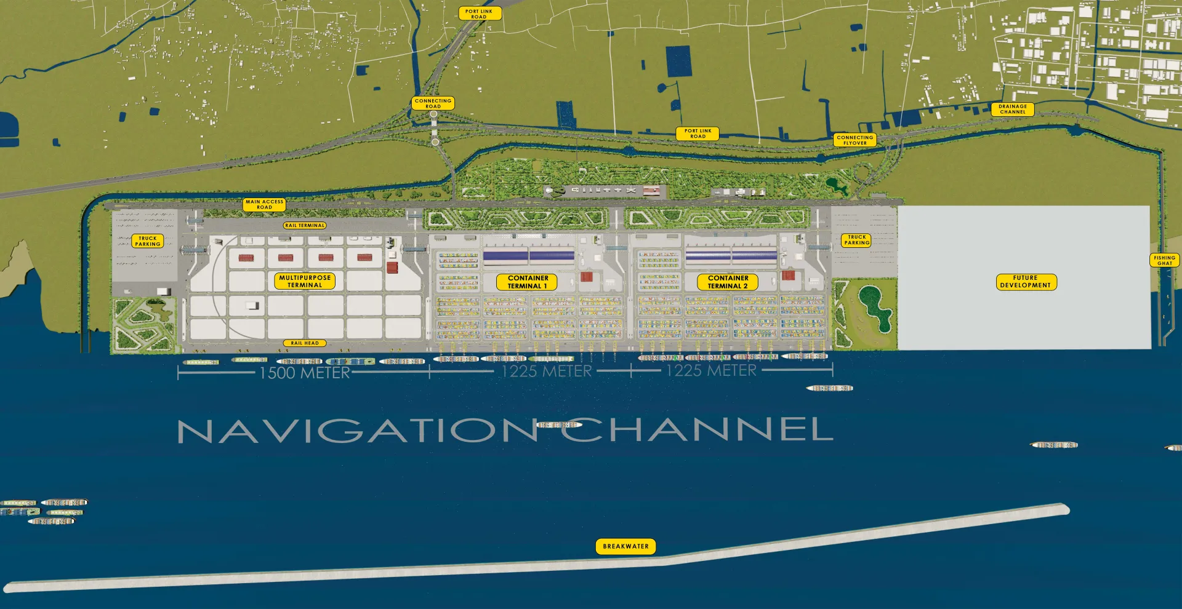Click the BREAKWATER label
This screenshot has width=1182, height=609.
point(625,546)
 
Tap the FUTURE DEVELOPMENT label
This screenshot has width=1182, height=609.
point(1026,282)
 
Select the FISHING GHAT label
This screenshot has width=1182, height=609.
point(1164,260)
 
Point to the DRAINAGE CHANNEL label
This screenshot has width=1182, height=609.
point(1013,109)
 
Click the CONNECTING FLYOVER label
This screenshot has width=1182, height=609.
point(854,140)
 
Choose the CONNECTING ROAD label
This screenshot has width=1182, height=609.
point(433,103)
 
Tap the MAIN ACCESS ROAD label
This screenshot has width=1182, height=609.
point(264,204)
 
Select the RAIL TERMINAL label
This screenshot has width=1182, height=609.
point(305,226)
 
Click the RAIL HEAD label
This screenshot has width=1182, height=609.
point(305,343)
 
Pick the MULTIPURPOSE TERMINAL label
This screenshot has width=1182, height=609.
point(305,281)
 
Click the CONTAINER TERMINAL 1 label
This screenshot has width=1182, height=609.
point(527,282)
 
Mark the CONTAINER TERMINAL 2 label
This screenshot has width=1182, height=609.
point(727,282)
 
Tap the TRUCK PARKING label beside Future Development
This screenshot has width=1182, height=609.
point(856,240)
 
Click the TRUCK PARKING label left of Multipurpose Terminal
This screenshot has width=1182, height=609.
point(148,241)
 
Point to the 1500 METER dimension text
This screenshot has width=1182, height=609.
point(304,373)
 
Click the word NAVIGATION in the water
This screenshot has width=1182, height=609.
point(357,431)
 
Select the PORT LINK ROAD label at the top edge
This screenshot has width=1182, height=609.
point(480,14)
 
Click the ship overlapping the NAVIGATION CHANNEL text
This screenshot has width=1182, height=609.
point(558,425)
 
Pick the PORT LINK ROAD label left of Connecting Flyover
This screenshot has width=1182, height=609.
point(698,133)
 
